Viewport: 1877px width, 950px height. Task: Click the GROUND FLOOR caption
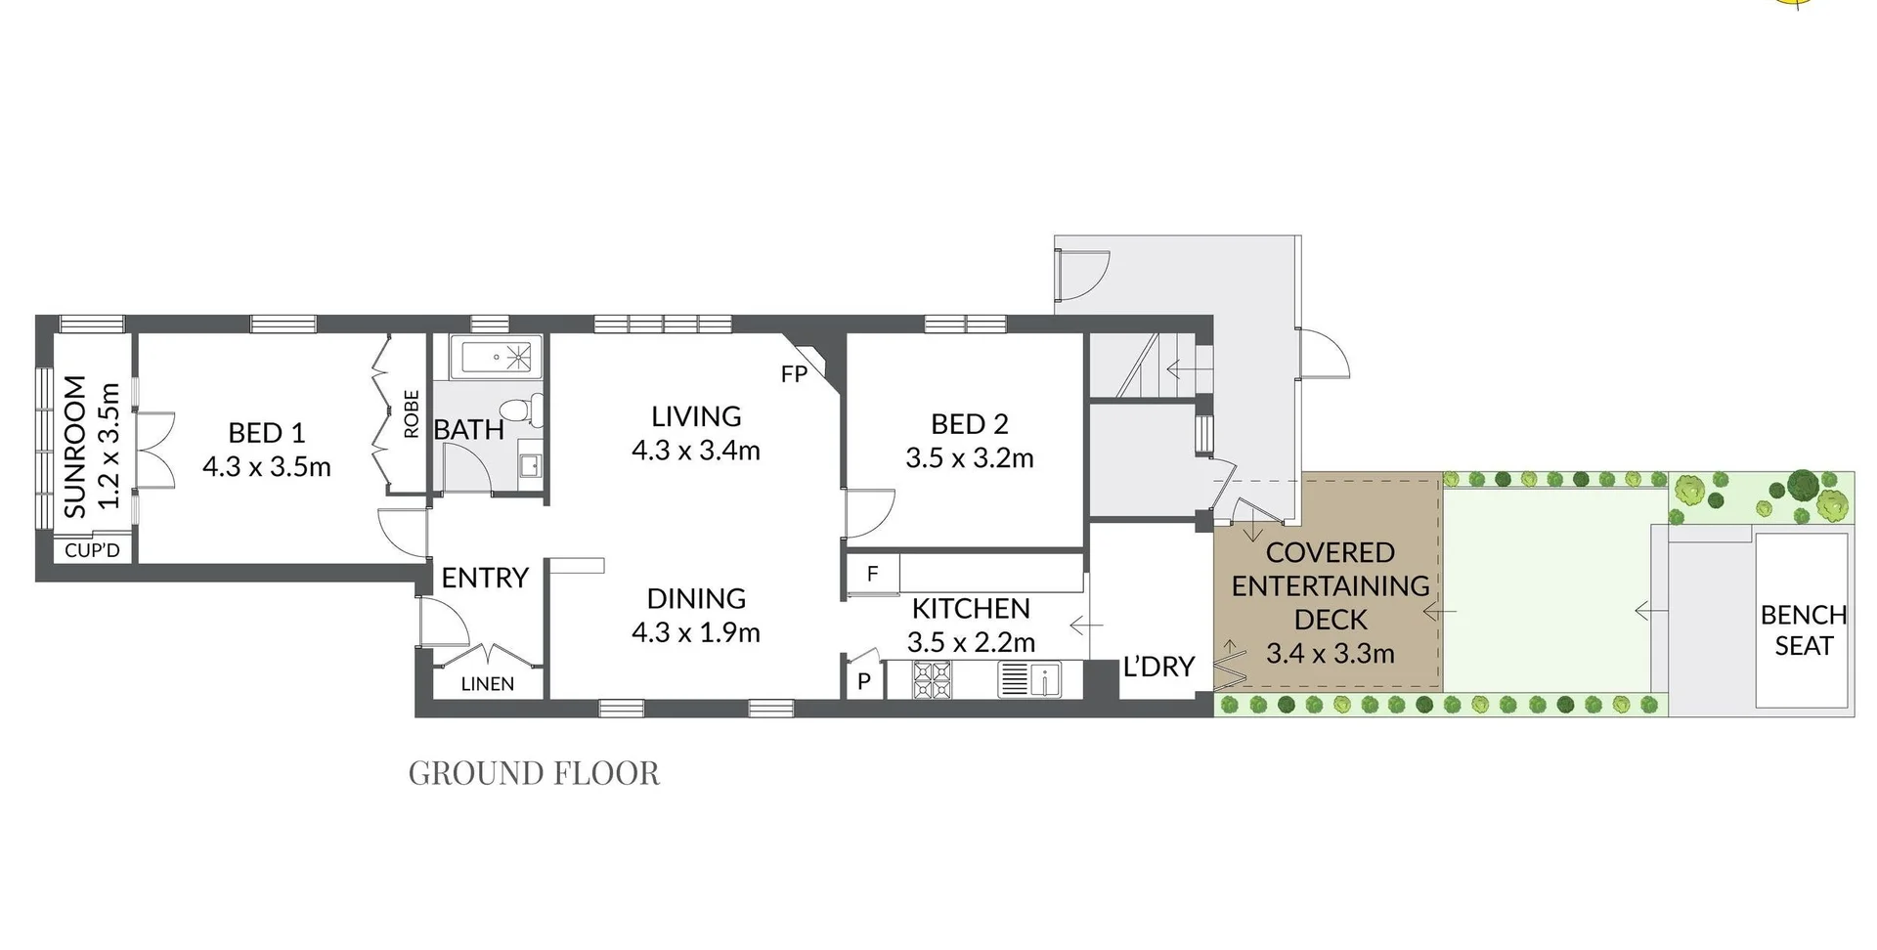[x=534, y=773]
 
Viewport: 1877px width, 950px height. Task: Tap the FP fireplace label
[x=794, y=373]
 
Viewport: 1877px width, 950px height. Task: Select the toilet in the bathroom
[x=519, y=410]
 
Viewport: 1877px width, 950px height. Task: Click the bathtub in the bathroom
[x=496, y=358]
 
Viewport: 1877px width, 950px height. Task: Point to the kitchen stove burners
[x=931, y=680]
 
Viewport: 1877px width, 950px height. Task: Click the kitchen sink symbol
[x=1030, y=679]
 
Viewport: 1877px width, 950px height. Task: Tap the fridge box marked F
[x=872, y=574]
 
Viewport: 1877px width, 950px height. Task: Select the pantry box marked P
[x=864, y=681]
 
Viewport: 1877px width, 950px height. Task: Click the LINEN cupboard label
[x=487, y=684]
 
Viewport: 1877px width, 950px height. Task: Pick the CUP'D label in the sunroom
[x=92, y=550]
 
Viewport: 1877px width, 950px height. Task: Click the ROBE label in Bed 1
[x=412, y=414]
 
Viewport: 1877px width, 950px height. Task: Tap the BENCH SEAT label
[x=1803, y=630]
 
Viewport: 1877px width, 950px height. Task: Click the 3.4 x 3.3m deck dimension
[x=1330, y=654]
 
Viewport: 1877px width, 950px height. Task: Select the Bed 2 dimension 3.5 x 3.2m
[x=969, y=458]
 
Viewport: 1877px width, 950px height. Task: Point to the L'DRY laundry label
[x=1158, y=667]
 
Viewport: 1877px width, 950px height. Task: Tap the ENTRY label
[x=485, y=578]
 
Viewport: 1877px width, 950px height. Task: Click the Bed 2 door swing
[x=868, y=512]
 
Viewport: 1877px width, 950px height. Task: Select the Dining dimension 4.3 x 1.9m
[x=695, y=633]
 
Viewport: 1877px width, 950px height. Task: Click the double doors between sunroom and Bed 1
[x=154, y=450]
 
